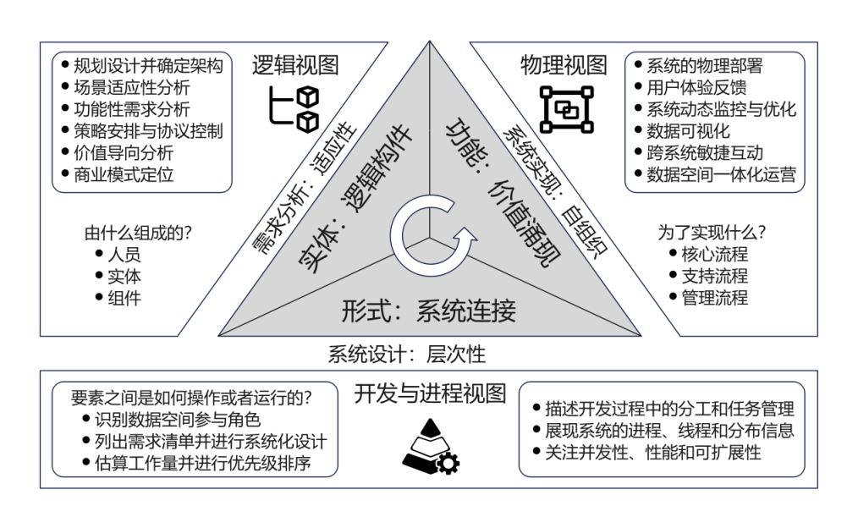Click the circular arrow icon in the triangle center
429,234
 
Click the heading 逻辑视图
295,65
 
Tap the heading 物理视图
564,65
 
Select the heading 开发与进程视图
430,393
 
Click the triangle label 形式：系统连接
429,311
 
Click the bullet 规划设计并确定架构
148,66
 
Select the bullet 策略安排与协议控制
148,131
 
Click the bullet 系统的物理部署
705,66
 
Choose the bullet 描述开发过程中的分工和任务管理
669,409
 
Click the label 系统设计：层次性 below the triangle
407,355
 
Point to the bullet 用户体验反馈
696,87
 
